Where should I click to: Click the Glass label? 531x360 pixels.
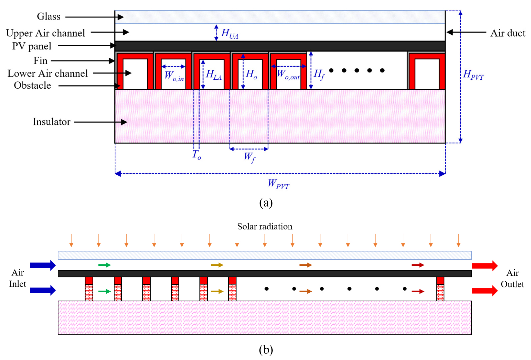click(49, 17)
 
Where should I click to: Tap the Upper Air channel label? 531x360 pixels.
click(45, 33)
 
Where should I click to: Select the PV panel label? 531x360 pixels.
click(32, 46)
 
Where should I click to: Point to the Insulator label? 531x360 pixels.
click(52, 122)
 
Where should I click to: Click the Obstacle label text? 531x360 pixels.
click(32, 85)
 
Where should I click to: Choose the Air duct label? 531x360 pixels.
click(508, 33)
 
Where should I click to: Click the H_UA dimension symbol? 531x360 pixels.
click(229, 34)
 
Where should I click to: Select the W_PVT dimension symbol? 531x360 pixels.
click(279, 184)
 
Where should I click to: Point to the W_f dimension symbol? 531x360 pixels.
click(249, 157)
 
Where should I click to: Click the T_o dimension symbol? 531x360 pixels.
click(197, 155)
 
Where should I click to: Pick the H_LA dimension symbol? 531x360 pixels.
click(214, 75)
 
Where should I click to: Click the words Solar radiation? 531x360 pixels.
click(265, 226)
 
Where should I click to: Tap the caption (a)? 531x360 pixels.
click(266, 203)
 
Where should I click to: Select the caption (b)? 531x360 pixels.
click(266, 350)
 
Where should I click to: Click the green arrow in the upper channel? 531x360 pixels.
click(105, 265)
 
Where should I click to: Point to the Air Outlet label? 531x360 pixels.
click(512, 279)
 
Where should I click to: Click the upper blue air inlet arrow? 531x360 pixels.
click(43, 265)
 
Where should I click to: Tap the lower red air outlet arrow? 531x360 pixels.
click(485, 291)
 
